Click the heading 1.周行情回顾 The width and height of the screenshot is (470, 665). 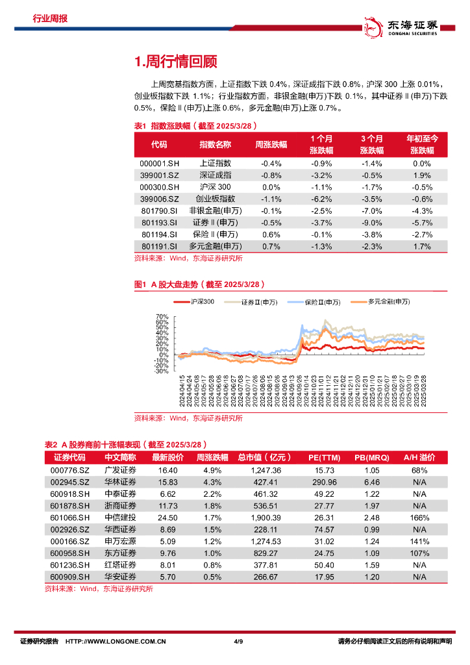pos(175,62)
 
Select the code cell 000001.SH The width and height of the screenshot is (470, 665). pos(159,164)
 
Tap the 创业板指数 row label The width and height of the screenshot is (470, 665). pos(215,199)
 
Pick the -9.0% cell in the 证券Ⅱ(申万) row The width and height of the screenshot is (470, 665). pos(371,222)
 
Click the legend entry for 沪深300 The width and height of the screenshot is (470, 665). pos(197,302)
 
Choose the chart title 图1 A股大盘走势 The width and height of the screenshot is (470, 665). pos(199,284)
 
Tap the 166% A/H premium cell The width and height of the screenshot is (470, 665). pos(419,518)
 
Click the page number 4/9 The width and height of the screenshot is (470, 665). pos(238,642)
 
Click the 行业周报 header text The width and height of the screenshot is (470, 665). pos(50,18)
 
